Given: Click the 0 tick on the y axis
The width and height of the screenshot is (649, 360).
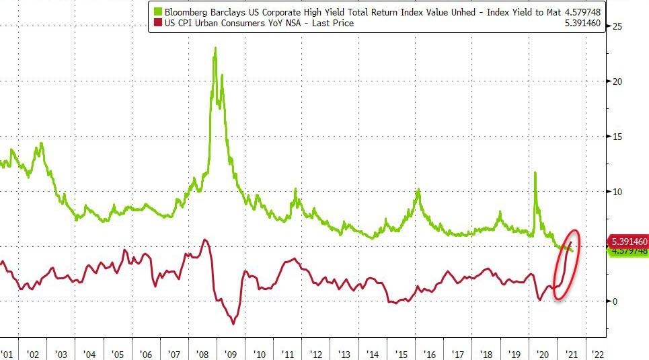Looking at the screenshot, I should click(x=613, y=301).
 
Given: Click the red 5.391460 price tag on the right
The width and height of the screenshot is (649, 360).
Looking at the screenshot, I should click(x=629, y=241).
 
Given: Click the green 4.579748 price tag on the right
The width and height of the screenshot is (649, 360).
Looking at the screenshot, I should click(x=629, y=251).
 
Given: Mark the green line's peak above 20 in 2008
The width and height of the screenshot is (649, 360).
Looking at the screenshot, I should click(x=215, y=48).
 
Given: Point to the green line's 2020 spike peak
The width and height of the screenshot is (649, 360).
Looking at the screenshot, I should click(x=535, y=172).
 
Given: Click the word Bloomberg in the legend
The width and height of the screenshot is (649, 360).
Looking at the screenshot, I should click(x=186, y=11).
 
